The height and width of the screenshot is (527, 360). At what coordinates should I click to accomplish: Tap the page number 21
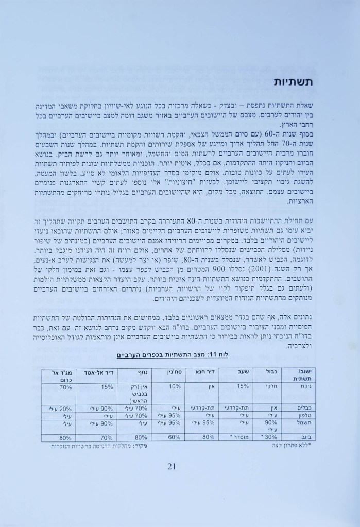(x=173, y=467)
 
